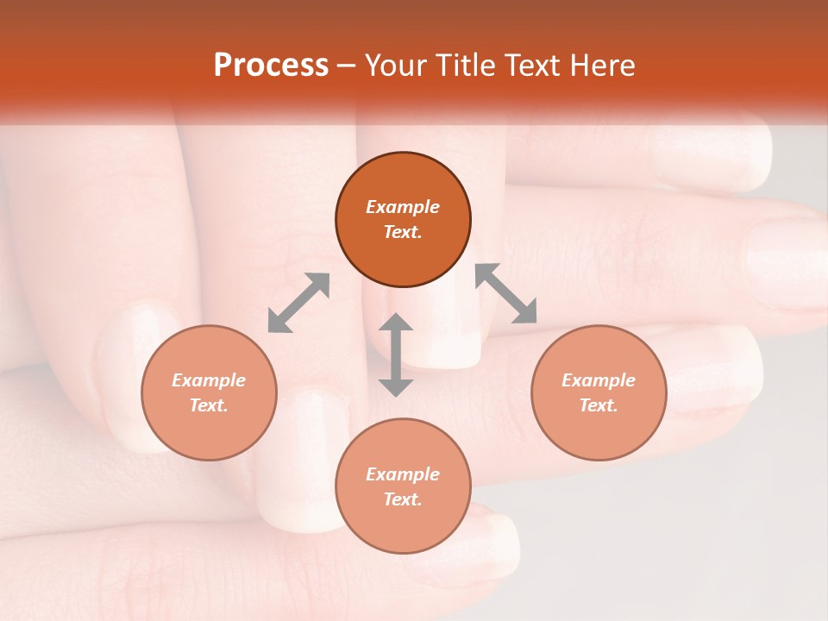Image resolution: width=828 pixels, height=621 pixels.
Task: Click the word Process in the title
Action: (x=271, y=66)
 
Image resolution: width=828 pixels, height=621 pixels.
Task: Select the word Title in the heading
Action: (x=465, y=66)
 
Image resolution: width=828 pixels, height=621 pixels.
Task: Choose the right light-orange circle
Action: (x=599, y=423)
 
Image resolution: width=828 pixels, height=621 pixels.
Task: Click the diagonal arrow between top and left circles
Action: (x=298, y=303)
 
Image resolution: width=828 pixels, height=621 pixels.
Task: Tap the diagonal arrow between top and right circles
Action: (x=506, y=293)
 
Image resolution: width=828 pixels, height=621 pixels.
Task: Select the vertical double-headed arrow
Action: (x=396, y=354)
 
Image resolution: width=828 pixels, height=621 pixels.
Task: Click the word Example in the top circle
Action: (x=403, y=207)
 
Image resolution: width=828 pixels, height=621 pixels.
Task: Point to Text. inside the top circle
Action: (x=403, y=232)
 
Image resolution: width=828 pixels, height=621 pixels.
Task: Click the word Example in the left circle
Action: (x=209, y=380)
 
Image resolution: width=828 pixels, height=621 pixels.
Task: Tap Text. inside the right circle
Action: (x=599, y=405)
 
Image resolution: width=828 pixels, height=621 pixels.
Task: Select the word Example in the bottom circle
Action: (x=403, y=474)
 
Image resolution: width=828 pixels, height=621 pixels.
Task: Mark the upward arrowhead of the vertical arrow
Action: (x=396, y=322)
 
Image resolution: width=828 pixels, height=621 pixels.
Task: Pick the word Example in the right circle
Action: (x=599, y=380)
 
